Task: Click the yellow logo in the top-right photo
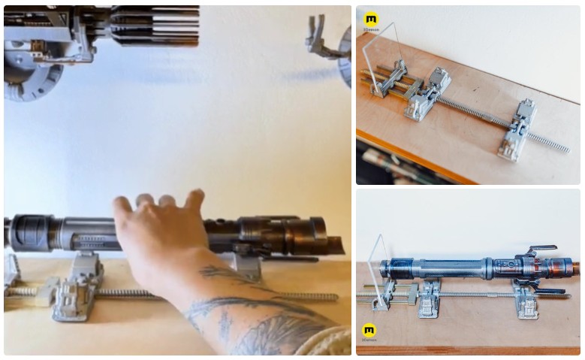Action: pos(370,19)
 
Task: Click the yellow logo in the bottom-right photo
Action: pos(369,329)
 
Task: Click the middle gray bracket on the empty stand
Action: pos(428,94)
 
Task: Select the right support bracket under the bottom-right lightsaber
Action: pos(526,300)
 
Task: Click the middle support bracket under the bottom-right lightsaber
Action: pos(430,298)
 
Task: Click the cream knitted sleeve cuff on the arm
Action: pos(334,342)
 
